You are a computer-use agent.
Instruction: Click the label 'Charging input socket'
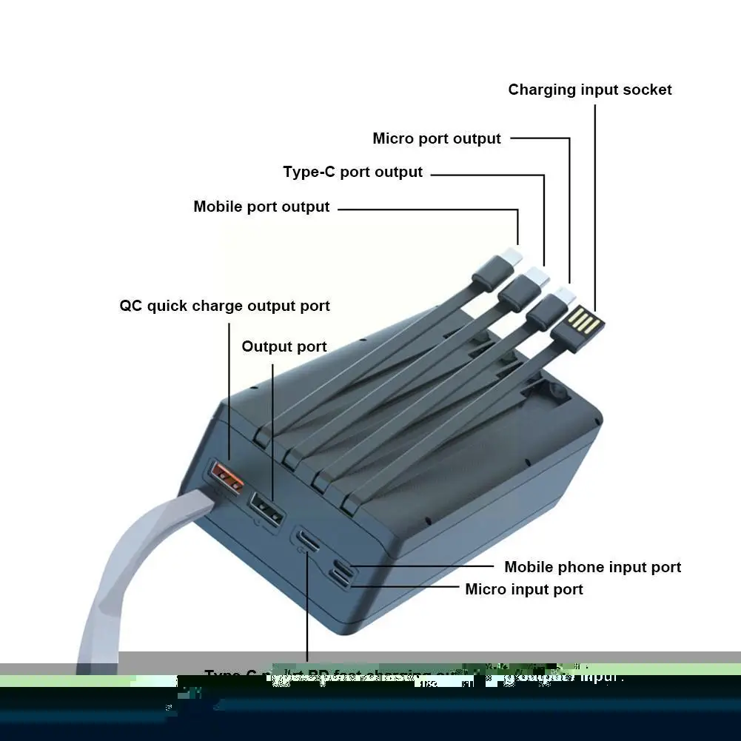[x=590, y=90]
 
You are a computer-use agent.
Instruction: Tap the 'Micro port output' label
[x=437, y=138]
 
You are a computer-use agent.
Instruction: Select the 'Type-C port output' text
[x=352, y=172]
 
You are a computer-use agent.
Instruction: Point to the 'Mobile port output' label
[x=261, y=207]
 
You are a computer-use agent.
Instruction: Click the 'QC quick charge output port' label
[x=224, y=306]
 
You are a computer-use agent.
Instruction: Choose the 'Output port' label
[x=284, y=346]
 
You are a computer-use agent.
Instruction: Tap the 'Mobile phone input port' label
[x=592, y=567]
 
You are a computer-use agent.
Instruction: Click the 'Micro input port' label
[x=524, y=589]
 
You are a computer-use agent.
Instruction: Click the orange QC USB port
[x=227, y=477]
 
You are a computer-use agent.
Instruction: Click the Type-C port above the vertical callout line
[x=308, y=540]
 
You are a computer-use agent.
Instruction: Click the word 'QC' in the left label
[x=131, y=306]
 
